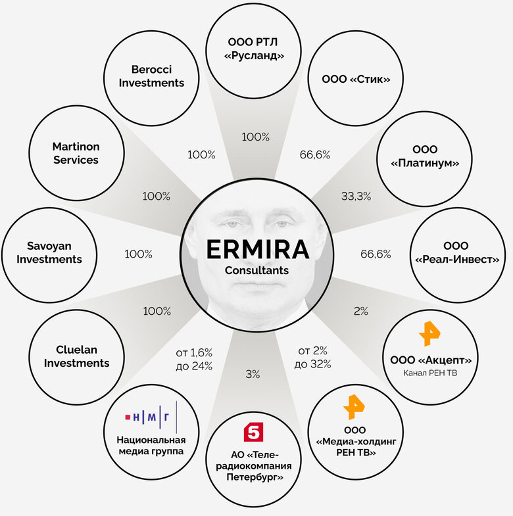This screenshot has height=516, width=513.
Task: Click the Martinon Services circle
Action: (76, 154)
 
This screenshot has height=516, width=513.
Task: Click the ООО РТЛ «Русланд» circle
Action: (254, 50)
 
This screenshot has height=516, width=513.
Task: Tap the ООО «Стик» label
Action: (356, 79)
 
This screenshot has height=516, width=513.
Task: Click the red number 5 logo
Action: (253, 432)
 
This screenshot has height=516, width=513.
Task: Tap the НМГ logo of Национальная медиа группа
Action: (151, 416)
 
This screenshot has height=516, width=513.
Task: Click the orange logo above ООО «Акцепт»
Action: (429, 334)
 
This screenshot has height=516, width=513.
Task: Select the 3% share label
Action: (253, 374)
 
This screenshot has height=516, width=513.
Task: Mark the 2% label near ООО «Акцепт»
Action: (361, 311)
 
